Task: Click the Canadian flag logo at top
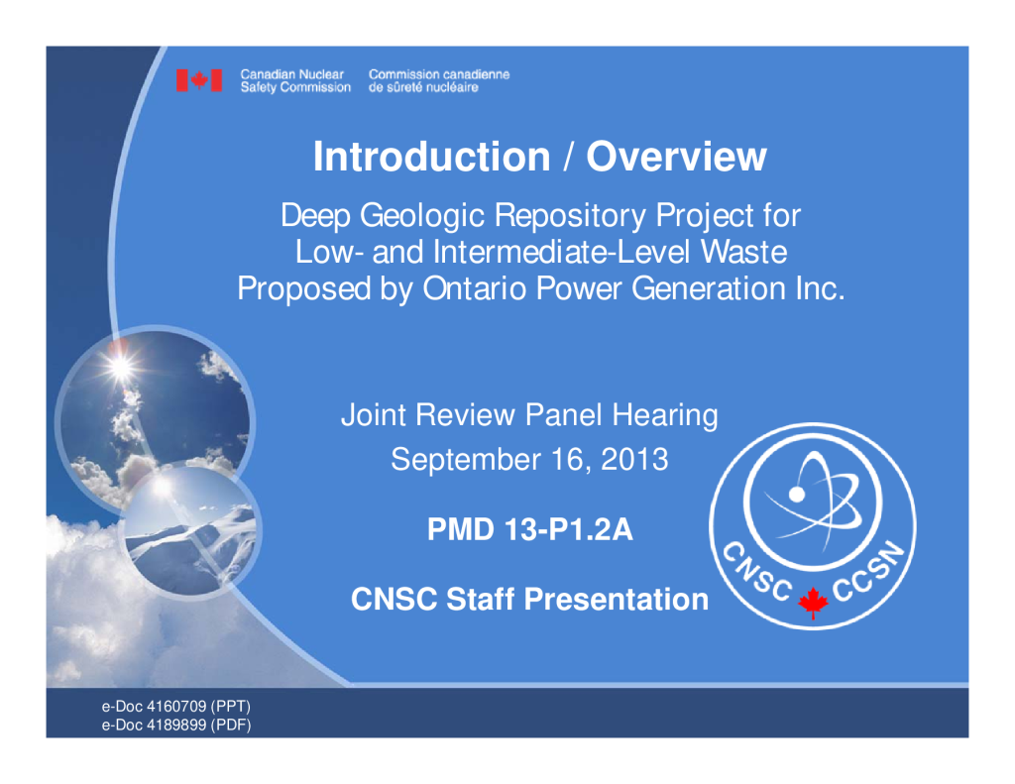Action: (x=199, y=80)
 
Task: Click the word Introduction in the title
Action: (x=432, y=157)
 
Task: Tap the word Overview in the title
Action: (x=676, y=157)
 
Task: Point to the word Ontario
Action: (x=475, y=288)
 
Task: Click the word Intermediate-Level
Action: (x=563, y=252)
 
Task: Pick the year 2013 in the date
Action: (x=634, y=460)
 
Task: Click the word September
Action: (x=466, y=460)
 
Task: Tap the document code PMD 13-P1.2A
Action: (x=530, y=529)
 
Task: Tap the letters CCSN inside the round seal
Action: (x=868, y=570)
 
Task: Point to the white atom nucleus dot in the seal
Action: (x=797, y=495)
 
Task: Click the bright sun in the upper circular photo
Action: (x=120, y=367)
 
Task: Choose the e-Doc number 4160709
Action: (x=176, y=707)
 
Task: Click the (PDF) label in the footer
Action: (x=233, y=726)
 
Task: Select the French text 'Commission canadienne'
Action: (x=439, y=74)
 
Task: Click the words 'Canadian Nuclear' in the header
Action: (x=292, y=74)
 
